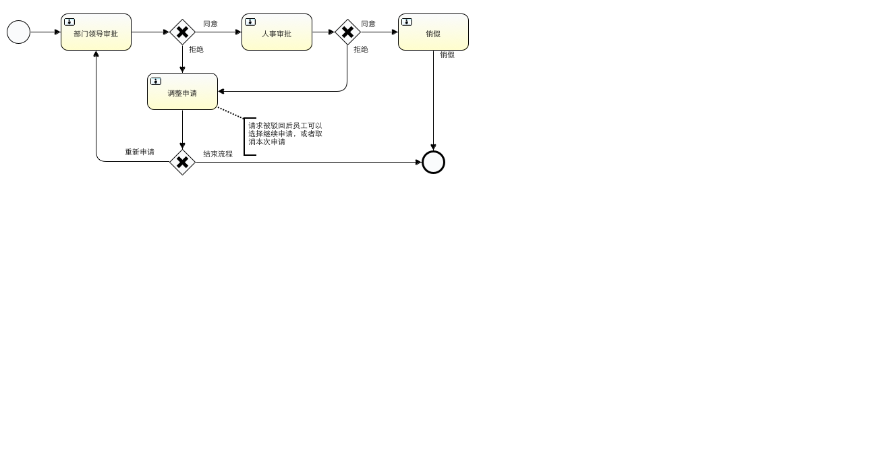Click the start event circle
pyautogui.click(x=19, y=32)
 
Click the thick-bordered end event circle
pyautogui.click(x=433, y=162)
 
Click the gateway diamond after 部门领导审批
pyautogui.click(x=182, y=32)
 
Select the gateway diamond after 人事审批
pyautogui.click(x=347, y=32)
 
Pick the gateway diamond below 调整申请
pyautogui.click(x=182, y=162)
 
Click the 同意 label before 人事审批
pyautogui.click(x=210, y=24)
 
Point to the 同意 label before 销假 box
pyautogui.click(x=368, y=24)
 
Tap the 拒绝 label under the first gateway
pyautogui.click(x=196, y=49)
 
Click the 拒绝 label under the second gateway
pyautogui.click(x=361, y=49)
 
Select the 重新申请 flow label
pyautogui.click(x=140, y=152)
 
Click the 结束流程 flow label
pyautogui.click(x=218, y=154)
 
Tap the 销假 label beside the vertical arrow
pyautogui.click(x=447, y=55)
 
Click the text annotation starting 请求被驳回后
pyautogui.click(x=285, y=134)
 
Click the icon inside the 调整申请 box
pyautogui.click(x=156, y=82)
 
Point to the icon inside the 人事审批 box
pyautogui.click(x=250, y=22)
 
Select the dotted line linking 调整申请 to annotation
pyautogui.click(x=231, y=113)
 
